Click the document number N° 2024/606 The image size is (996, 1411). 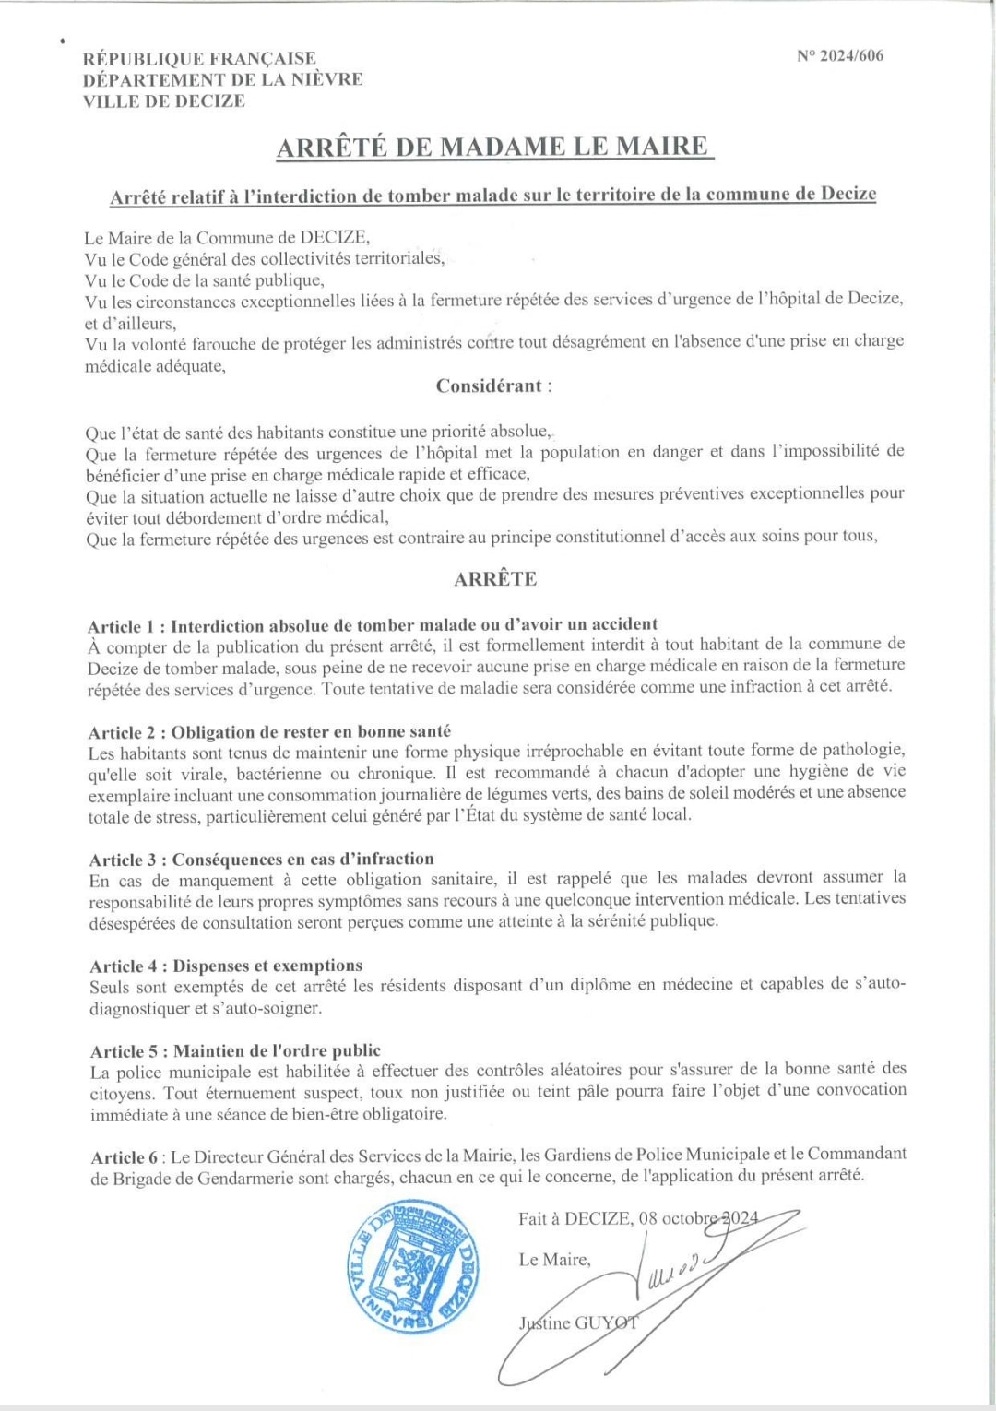pyautogui.click(x=839, y=55)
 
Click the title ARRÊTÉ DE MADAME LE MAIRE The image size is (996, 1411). pyautogui.click(x=494, y=147)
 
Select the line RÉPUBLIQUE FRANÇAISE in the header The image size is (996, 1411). pyautogui.click(x=199, y=59)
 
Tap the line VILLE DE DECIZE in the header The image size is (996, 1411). pyautogui.click(x=164, y=101)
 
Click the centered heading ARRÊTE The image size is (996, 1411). pyautogui.click(x=495, y=579)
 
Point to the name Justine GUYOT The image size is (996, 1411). pyautogui.click(x=577, y=1323)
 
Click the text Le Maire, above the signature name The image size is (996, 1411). pyautogui.click(x=554, y=1260)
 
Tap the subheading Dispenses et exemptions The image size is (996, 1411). pyautogui.click(x=267, y=966)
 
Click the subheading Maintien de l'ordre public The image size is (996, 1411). pyautogui.click(x=277, y=1051)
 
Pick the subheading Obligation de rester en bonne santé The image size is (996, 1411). pyautogui.click(x=311, y=732)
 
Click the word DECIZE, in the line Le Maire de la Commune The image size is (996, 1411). pyautogui.click(x=336, y=237)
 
